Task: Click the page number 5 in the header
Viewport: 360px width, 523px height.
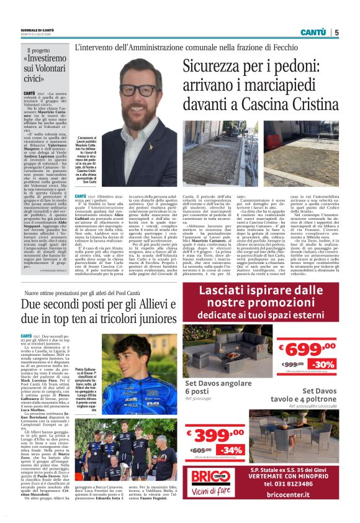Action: [337, 32]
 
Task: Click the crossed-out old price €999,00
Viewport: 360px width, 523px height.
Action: [292, 365]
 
